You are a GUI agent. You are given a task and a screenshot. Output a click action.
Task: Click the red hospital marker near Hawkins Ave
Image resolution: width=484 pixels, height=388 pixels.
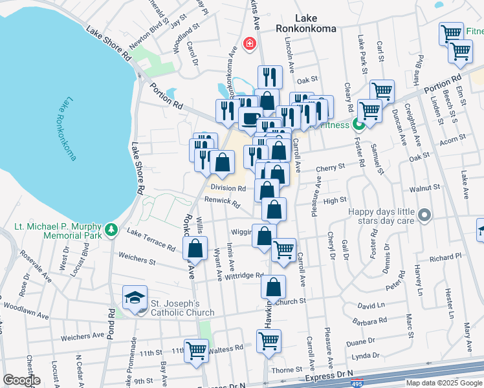coord(248,44)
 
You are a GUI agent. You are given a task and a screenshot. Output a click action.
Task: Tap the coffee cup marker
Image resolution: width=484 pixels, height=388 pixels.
coord(250,118)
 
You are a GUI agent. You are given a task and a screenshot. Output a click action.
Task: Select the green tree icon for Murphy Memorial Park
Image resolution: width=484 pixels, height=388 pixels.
coord(111,229)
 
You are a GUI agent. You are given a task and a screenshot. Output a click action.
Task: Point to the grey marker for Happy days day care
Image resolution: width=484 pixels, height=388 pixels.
coord(424,215)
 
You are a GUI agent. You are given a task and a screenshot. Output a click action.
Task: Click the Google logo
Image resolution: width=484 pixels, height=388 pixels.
coord(22,380)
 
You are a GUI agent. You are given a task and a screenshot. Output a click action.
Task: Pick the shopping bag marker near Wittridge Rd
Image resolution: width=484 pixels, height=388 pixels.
coord(274,286)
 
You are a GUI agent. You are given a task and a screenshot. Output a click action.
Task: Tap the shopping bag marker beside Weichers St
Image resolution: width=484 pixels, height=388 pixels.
coord(195,248)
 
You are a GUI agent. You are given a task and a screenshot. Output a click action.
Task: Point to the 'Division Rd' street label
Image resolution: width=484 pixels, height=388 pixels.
coord(228,188)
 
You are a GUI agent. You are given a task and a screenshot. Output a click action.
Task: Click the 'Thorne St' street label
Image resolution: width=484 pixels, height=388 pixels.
coord(283,370)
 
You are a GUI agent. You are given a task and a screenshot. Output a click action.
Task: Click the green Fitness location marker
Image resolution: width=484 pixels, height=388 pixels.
coord(358,124)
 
